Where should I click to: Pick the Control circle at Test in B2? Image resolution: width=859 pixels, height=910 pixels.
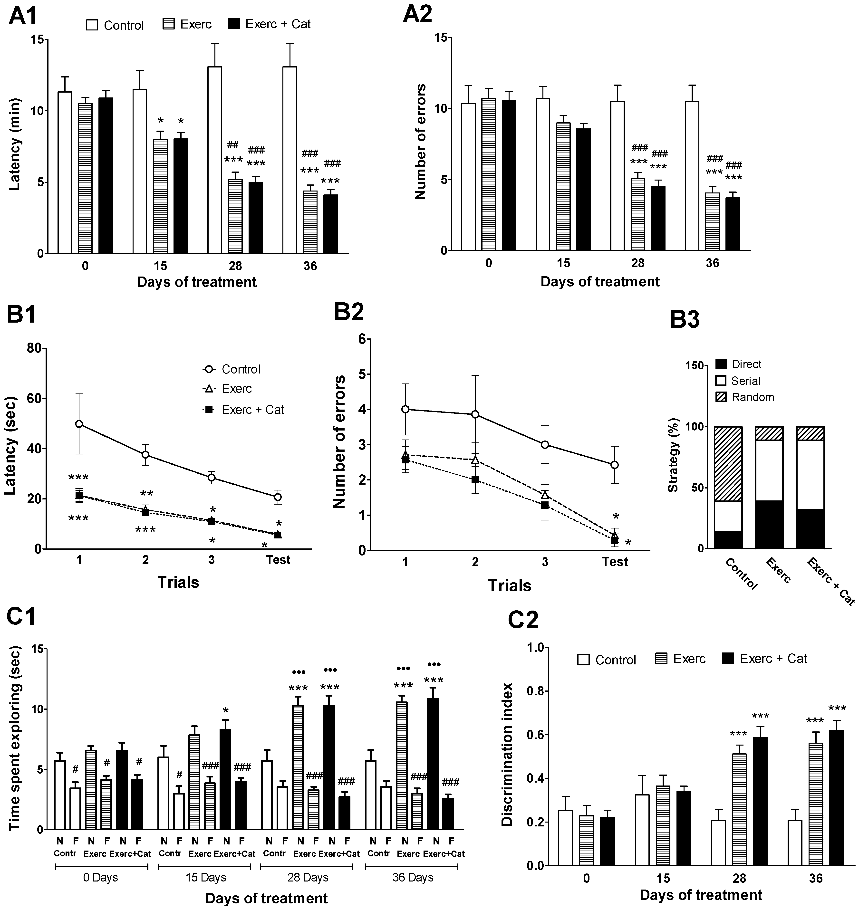point(615,465)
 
